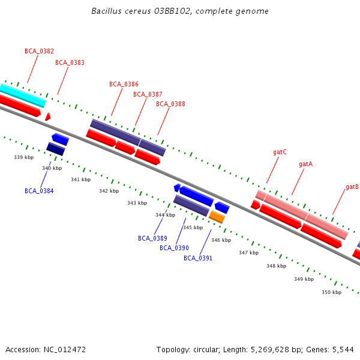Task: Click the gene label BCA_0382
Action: coord(39,52)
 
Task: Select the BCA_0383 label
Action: coord(70,62)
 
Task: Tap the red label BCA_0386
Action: coord(124,84)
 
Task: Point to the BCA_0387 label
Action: coord(148,94)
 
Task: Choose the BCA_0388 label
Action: coord(170,104)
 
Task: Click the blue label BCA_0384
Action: coord(39,191)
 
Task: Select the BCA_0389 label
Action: coord(152,238)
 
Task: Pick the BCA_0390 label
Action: coord(174,248)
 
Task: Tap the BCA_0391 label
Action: coord(198,258)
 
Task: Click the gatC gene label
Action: coord(280,152)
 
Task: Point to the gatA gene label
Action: coord(305,164)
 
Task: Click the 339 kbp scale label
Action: coord(23,157)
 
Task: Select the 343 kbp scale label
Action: coord(137,203)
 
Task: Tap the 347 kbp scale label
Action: coord(248,253)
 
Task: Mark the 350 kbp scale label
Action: coord(331,292)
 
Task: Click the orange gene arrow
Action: coord(217,217)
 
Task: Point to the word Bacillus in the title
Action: coord(106,11)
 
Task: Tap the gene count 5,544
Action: coord(343,349)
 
